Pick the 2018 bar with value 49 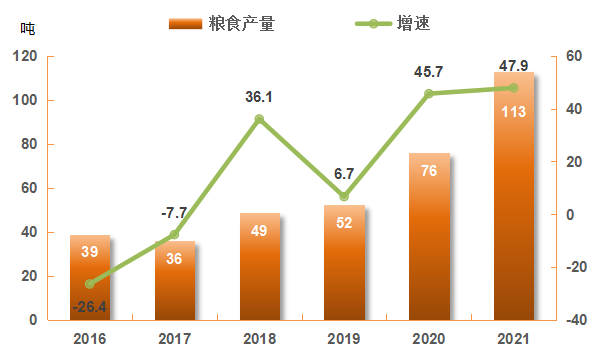tap(260, 266)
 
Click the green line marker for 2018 tap(259, 119)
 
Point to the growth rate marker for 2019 tap(344, 196)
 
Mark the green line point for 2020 tap(429, 94)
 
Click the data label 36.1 tap(260, 97)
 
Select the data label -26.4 tap(90, 305)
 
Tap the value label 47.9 tap(513, 66)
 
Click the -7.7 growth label tap(174, 213)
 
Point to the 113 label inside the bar tap(513, 111)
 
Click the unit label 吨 tap(27, 28)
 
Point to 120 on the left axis tap(25, 57)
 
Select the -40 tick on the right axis tap(575, 320)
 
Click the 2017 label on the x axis tap(174, 338)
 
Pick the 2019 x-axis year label tap(344, 338)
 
